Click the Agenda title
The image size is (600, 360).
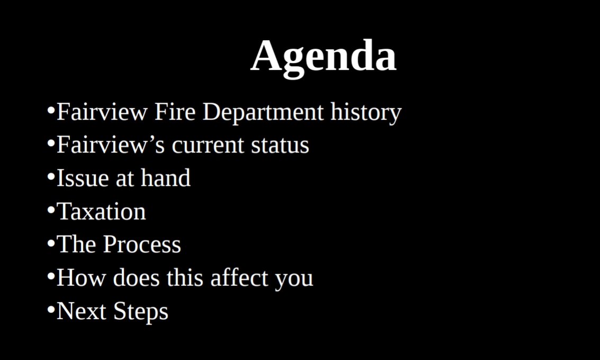point(323,58)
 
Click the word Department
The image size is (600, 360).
point(263,112)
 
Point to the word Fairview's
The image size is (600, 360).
point(111,145)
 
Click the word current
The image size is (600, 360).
point(208,146)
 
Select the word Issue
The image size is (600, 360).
point(83,178)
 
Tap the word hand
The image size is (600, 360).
point(166,178)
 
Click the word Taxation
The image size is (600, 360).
point(102,211)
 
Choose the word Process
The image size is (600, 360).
point(142,245)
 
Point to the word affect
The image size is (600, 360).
point(239,277)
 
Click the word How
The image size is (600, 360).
point(81,277)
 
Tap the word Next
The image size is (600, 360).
point(81,311)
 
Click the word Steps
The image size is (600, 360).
point(141,312)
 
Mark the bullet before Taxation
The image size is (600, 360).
point(51,210)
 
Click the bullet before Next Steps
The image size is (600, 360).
point(51,309)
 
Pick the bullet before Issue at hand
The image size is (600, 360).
point(51,176)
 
